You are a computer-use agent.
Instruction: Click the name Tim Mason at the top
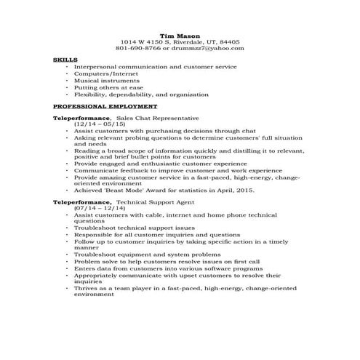[x=180, y=35]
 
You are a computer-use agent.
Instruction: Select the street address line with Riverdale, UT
[x=180, y=42]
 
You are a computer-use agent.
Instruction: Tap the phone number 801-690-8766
[x=143, y=49]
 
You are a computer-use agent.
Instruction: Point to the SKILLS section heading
[x=65, y=61]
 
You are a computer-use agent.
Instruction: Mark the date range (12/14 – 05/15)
[x=98, y=124]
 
